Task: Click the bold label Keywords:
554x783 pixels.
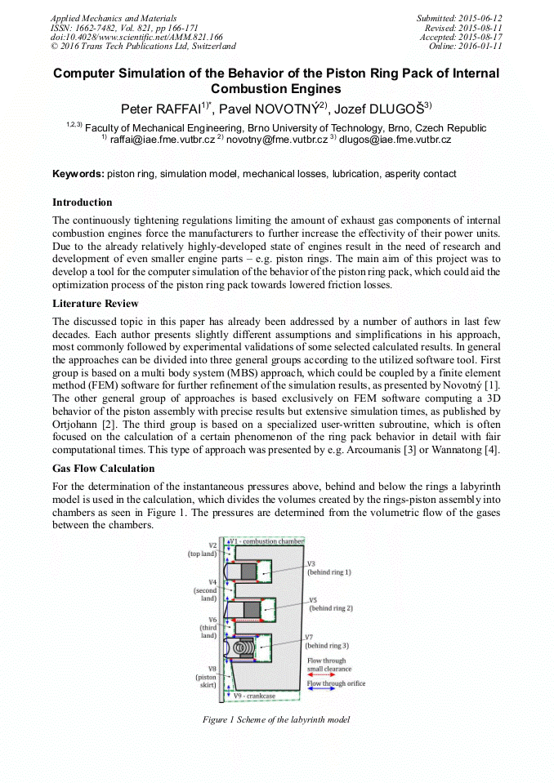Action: point(78,174)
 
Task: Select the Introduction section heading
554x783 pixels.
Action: point(83,202)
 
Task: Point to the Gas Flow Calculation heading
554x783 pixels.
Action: point(104,469)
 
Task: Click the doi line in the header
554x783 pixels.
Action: point(136,37)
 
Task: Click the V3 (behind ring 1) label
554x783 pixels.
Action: point(328,568)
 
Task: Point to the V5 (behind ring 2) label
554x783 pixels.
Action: point(330,604)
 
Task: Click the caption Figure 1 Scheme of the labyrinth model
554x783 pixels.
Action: point(276,719)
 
